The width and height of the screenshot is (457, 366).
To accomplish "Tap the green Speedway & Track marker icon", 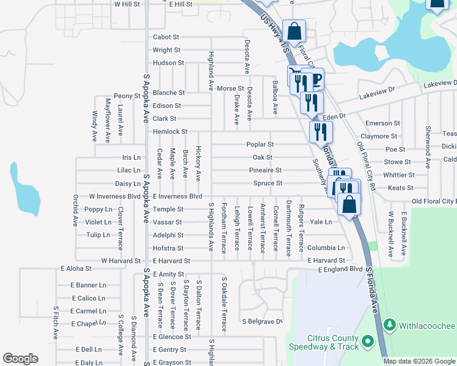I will pyautogui.click(x=367, y=342).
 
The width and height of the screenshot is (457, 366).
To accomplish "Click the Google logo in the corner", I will pyautogui.click(x=20, y=359).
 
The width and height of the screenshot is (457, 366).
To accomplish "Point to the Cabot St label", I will pyautogui.click(x=166, y=37).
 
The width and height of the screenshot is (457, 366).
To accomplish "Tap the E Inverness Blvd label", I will pyautogui.click(x=177, y=196).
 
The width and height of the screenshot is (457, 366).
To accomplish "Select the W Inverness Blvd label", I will pyautogui.click(x=114, y=196).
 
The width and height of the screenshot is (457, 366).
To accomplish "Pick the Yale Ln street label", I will pyautogui.click(x=321, y=222).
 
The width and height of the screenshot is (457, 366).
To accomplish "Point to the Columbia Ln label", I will pyautogui.click(x=326, y=248).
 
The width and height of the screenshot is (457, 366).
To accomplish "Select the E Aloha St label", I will pyautogui.click(x=76, y=268).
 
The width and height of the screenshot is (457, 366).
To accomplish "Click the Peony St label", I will pyautogui.click(x=127, y=96).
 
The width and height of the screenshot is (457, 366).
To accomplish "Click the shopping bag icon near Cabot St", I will pyautogui.click(x=294, y=33).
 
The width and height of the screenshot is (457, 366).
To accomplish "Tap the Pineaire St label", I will pyautogui.click(x=265, y=170).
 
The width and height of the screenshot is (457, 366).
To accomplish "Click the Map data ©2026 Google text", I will pyautogui.click(x=419, y=361).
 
